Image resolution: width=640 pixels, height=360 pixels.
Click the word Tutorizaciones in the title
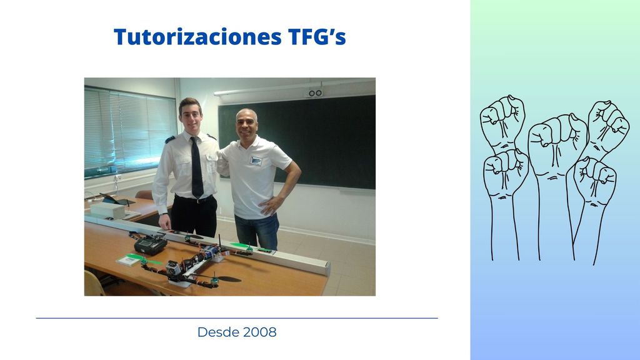click(x=197, y=37)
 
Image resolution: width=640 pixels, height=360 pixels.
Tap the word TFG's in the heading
click(x=317, y=37)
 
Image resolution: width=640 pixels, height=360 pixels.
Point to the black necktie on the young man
click(x=197, y=167)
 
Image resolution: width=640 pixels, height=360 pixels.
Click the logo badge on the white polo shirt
click(x=256, y=161)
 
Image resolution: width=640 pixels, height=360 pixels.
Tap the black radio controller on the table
click(x=151, y=245)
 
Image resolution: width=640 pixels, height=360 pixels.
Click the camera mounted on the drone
click(x=173, y=269)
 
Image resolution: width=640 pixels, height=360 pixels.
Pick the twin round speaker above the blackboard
click(x=315, y=94)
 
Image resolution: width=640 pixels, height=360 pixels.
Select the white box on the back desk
click(x=107, y=210)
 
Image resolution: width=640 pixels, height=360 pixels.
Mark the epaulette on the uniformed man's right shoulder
click(x=170, y=139)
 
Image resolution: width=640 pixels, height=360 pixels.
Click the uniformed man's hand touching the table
click(x=165, y=221)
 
